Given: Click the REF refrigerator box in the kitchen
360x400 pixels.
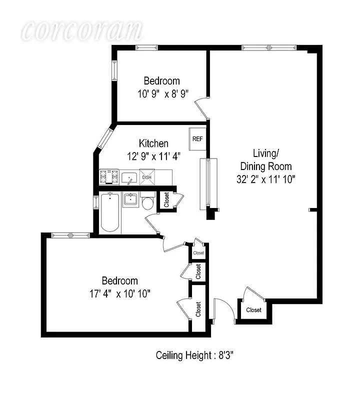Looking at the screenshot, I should pyautogui.click(x=197, y=139).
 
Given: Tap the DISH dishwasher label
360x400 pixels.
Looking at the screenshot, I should pyautogui.click(x=147, y=177).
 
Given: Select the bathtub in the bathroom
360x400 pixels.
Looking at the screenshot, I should pyautogui.click(x=110, y=213).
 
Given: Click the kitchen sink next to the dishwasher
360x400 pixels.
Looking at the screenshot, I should pyautogui.click(x=129, y=177).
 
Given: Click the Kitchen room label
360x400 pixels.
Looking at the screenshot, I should pyautogui.click(x=153, y=144).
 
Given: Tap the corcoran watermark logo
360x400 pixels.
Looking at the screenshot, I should pyautogui.click(x=82, y=31).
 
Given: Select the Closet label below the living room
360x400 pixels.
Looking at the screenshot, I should pyautogui.click(x=253, y=310).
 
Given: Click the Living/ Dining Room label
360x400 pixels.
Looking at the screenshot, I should pyautogui.click(x=265, y=160).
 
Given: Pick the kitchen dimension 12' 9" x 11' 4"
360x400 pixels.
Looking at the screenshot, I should pyautogui.click(x=153, y=156).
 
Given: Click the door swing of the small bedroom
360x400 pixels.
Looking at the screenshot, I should pyautogui.click(x=201, y=105).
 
